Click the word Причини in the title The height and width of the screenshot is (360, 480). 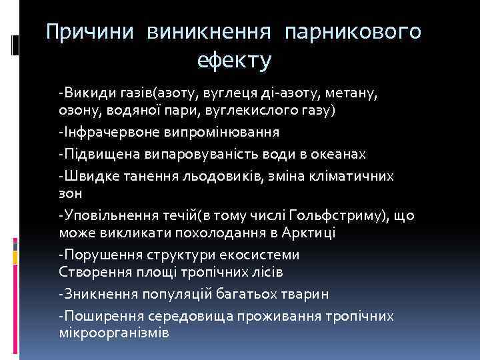click(x=88, y=31)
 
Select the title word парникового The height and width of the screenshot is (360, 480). click(x=353, y=31)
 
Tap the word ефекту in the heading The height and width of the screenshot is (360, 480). click(x=234, y=61)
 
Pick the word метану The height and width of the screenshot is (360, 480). click(x=345, y=91)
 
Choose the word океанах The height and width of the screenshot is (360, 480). click(x=341, y=154)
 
